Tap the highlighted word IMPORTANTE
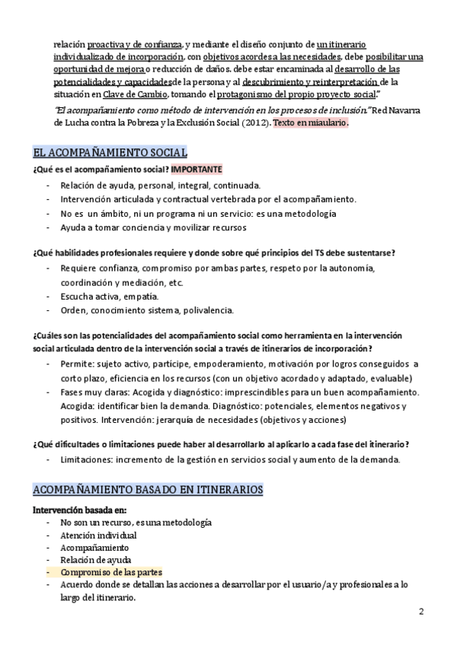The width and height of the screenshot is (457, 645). click(197, 169)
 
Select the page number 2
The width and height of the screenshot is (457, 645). click(422, 612)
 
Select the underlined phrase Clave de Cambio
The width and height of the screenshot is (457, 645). click(134, 94)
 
